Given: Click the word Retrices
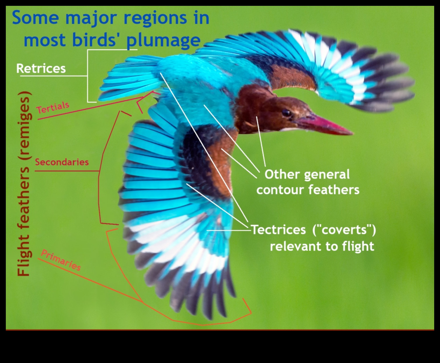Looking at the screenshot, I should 41,69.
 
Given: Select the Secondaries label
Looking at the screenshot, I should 62,162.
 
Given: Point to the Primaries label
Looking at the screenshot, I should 61,260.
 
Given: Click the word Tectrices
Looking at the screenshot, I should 279,230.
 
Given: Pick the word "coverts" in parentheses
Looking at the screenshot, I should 344,230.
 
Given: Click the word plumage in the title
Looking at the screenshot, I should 163,40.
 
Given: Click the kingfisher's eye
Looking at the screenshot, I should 286,113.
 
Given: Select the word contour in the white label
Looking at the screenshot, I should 280,190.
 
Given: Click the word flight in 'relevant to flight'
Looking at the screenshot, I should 358,246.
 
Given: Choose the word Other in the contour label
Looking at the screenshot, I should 282,174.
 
